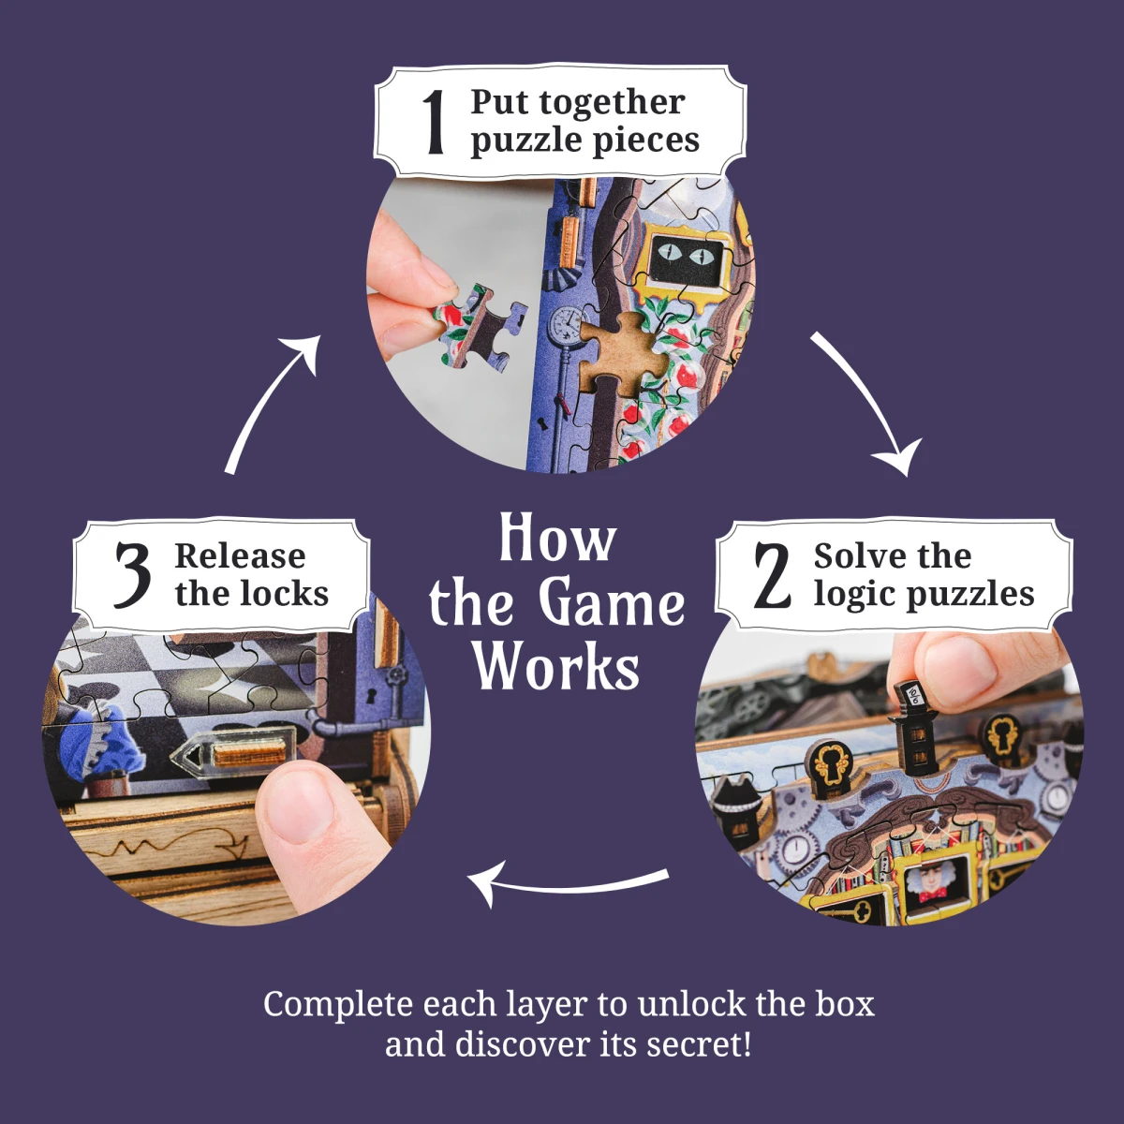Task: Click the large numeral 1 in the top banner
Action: (433, 122)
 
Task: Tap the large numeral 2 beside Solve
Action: (773, 575)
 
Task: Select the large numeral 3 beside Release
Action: (132, 574)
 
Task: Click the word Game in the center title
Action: (611, 603)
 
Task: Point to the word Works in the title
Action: (556, 667)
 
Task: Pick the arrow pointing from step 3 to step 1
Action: (272, 403)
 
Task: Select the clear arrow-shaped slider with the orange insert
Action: (233, 756)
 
